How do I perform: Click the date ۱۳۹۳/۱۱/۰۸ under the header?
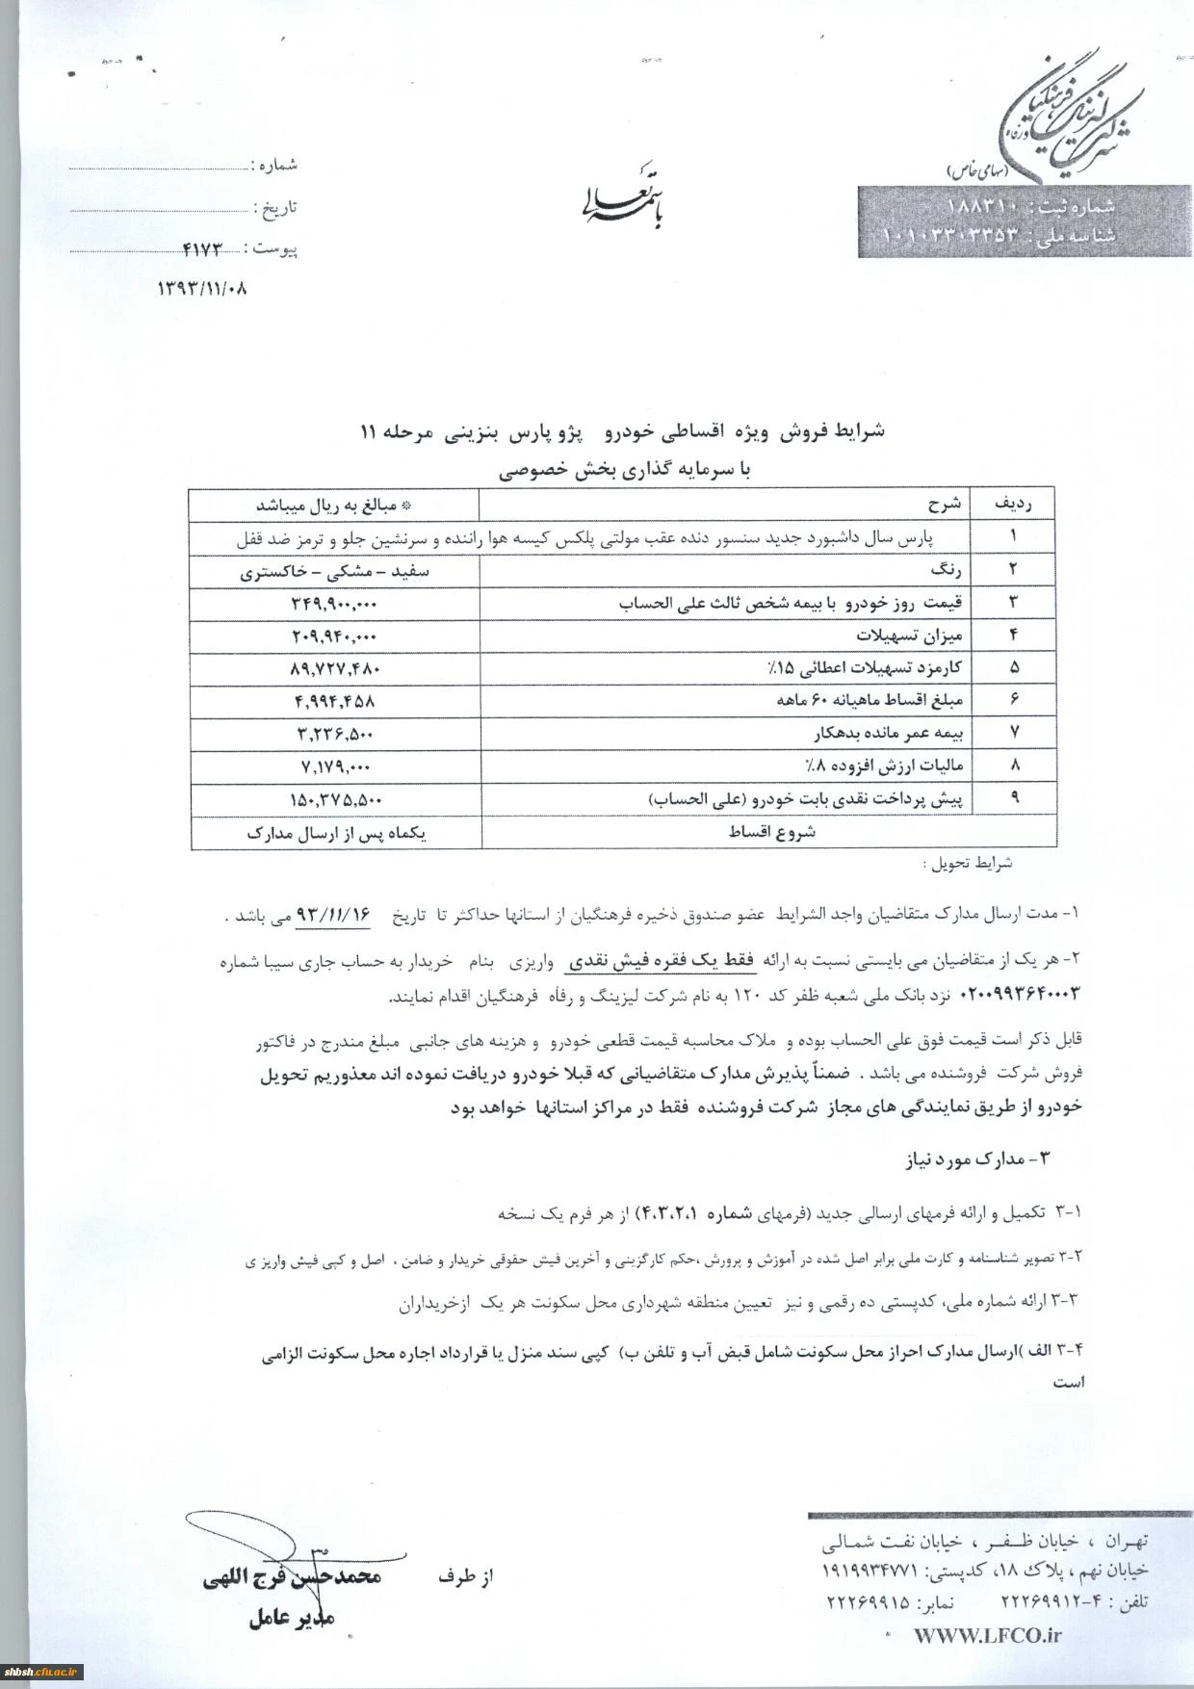pyautogui.click(x=202, y=287)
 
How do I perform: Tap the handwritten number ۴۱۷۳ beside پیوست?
pyautogui.click(x=202, y=248)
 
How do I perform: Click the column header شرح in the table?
pyautogui.click(x=944, y=504)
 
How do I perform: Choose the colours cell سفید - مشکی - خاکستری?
pyautogui.click(x=334, y=571)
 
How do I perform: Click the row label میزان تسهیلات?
pyautogui.click(x=909, y=637)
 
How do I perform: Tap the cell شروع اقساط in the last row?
pyautogui.click(x=771, y=832)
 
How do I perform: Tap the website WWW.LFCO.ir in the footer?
pyautogui.click(x=987, y=1635)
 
